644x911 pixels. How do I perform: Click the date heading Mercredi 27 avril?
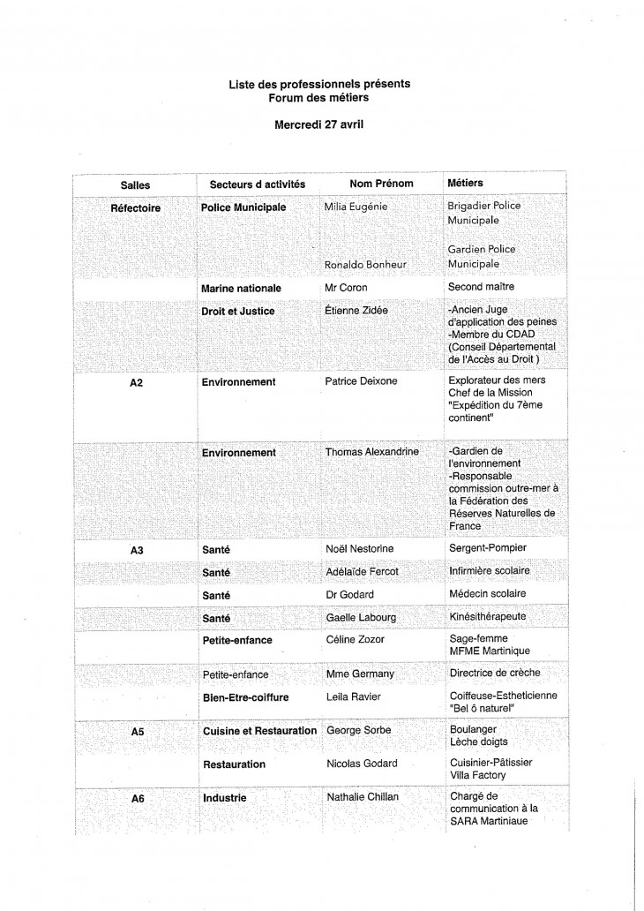(318, 124)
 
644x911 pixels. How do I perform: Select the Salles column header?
(135, 185)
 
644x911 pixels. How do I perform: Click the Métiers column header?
(466, 184)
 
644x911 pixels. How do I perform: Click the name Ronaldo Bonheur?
(364, 264)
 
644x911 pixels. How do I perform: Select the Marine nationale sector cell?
(241, 288)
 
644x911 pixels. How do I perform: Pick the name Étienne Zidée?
(356, 311)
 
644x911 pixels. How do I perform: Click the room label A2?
(137, 382)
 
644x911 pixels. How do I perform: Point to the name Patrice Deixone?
(362, 382)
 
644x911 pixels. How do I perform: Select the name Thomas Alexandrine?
(371, 452)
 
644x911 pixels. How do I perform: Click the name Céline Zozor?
(356, 638)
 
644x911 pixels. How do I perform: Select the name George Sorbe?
(357, 731)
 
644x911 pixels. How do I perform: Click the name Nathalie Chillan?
(363, 797)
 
